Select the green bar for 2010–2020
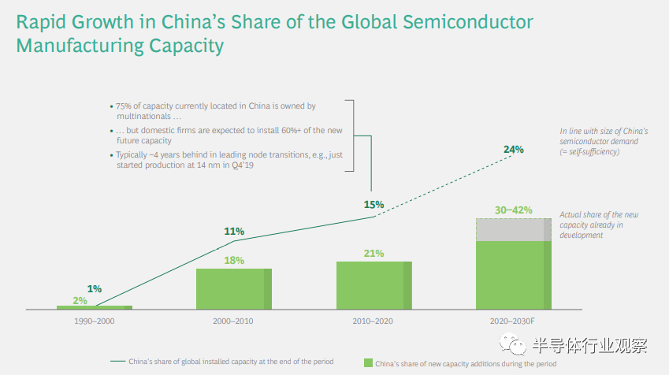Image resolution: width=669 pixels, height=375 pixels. [x=374, y=284]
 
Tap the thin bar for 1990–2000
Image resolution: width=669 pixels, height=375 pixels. [x=94, y=306]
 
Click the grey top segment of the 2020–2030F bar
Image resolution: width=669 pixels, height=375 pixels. [x=513, y=229]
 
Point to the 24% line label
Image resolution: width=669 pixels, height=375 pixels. [x=514, y=149]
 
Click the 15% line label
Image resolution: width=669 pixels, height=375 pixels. [x=374, y=204]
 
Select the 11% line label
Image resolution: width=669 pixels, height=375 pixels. [x=234, y=232]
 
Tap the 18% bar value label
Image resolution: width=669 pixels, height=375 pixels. [x=234, y=260]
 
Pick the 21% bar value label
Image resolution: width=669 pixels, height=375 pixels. [x=374, y=253]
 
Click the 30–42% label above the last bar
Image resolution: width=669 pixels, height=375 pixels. [x=513, y=210]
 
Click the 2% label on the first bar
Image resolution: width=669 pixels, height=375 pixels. [x=80, y=300]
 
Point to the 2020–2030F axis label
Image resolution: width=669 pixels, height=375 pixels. [x=513, y=321]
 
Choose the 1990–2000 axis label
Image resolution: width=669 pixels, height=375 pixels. [x=94, y=321]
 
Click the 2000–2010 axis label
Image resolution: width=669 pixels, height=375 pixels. [x=234, y=321]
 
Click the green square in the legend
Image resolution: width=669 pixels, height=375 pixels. [x=367, y=363]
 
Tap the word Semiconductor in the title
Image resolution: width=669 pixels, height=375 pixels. [x=466, y=21]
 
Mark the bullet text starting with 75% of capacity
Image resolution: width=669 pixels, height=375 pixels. [x=216, y=110]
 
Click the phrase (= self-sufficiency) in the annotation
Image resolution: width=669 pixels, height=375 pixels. [x=589, y=151]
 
